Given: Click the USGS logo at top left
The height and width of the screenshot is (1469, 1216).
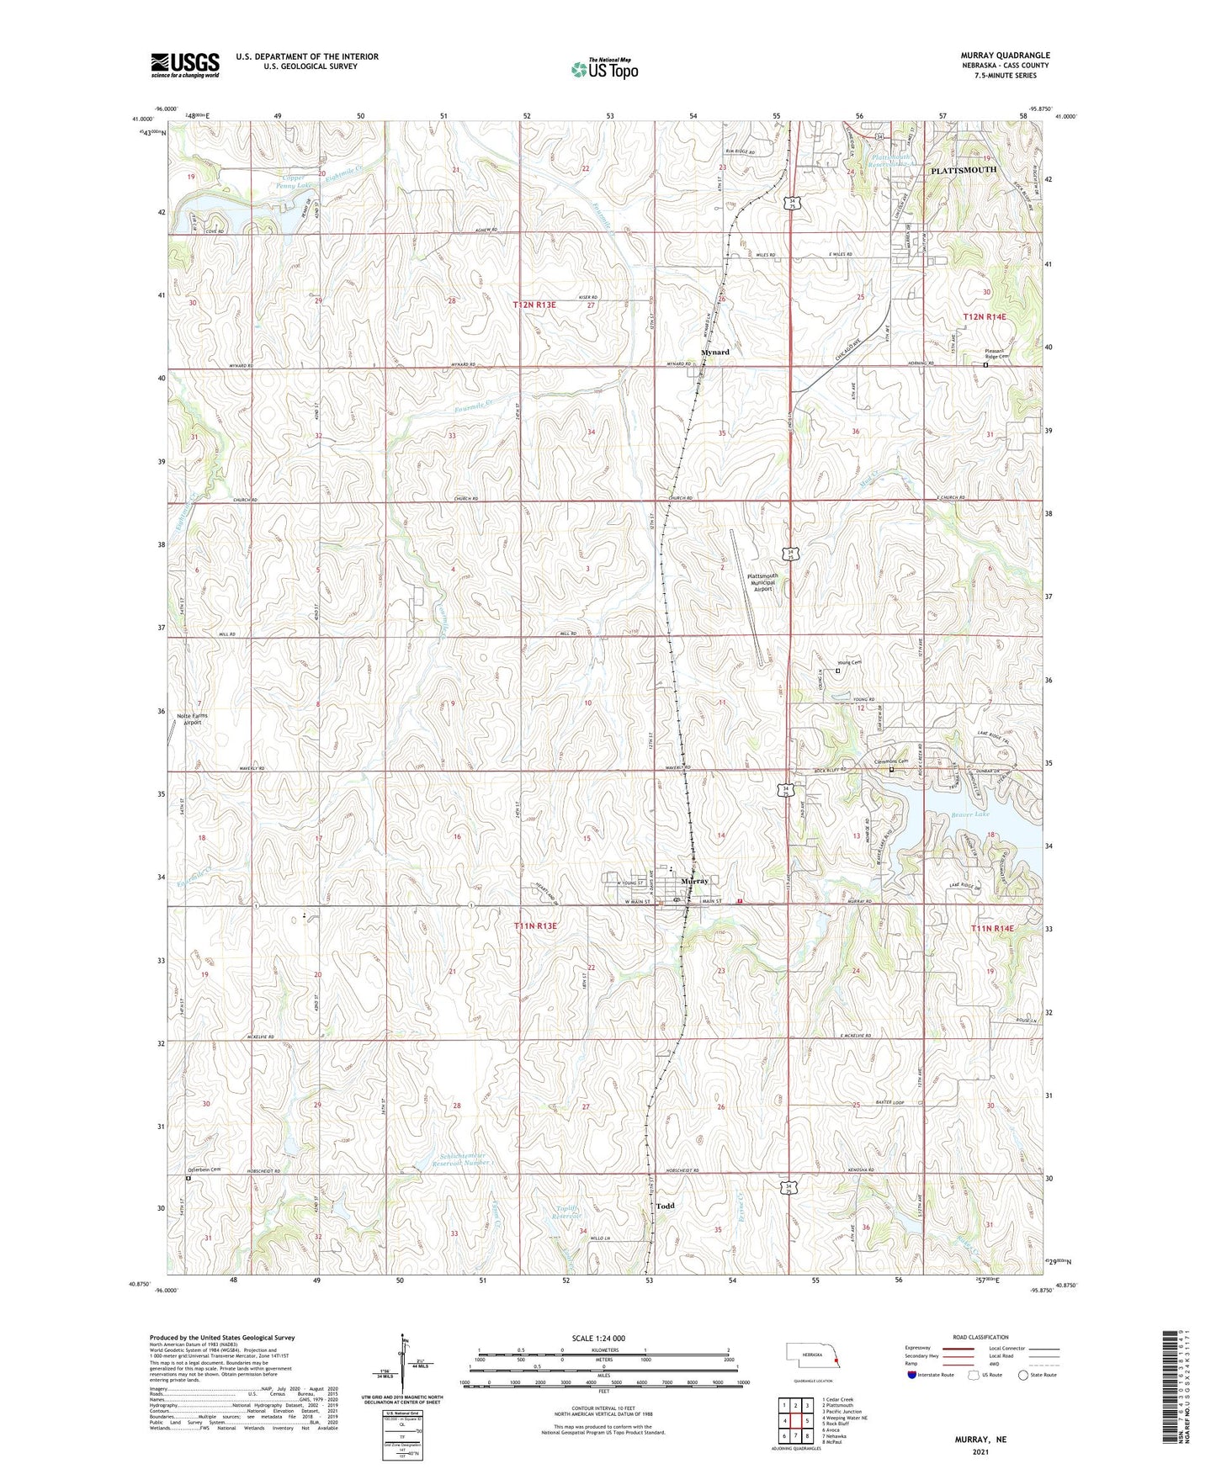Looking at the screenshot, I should point(185,64).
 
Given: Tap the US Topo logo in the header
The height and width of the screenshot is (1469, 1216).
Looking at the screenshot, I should point(604,69).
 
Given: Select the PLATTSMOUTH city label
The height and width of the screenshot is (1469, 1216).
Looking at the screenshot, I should point(963,170).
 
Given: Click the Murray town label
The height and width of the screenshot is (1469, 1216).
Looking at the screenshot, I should point(694,880).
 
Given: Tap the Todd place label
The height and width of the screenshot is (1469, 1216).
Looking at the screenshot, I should point(665,1206).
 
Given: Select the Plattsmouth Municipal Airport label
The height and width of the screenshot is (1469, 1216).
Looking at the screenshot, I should point(762,583).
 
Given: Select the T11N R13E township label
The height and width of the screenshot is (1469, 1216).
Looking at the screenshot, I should point(535,926).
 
